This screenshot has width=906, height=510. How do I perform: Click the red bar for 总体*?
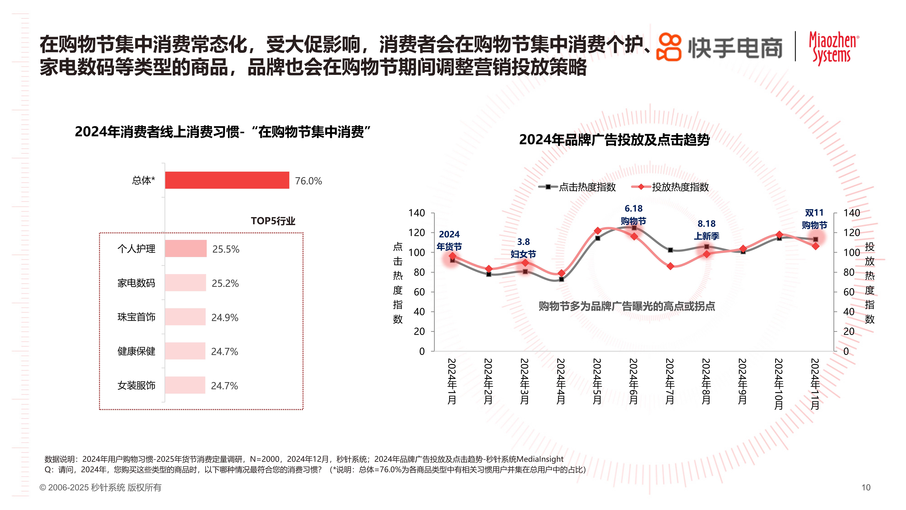227,180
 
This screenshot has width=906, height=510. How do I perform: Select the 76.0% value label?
308,181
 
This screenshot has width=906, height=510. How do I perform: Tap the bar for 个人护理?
186,249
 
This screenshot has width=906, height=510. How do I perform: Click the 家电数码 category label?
136,283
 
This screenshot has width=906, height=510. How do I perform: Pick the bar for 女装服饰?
185,385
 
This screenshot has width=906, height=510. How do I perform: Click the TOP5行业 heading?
273,221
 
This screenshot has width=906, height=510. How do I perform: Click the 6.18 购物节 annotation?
633,215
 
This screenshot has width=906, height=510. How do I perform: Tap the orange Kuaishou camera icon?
669,47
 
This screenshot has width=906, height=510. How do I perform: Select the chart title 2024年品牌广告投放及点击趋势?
614,140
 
